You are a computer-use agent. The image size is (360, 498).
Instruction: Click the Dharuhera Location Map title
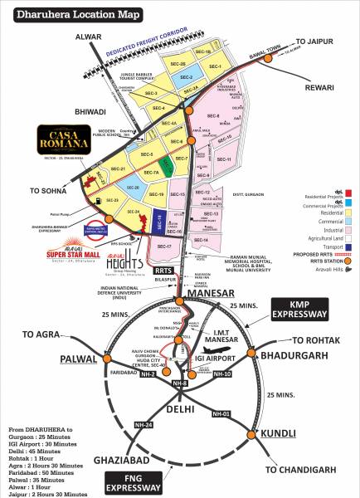(63, 14)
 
